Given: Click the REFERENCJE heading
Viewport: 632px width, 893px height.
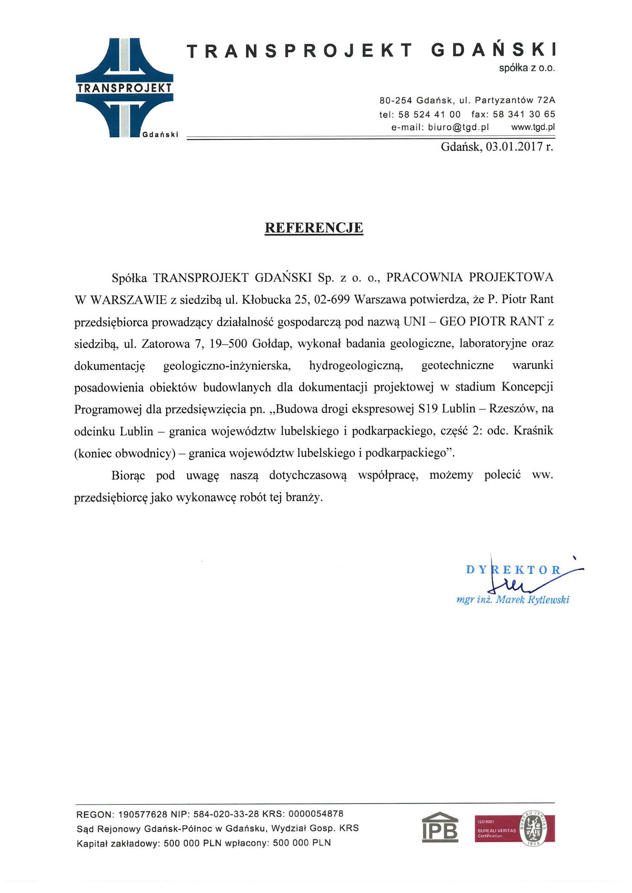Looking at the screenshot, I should (314, 228).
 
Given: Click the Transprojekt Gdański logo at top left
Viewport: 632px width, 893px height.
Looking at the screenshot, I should (125, 88).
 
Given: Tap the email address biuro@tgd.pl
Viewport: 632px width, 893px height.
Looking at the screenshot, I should (459, 127).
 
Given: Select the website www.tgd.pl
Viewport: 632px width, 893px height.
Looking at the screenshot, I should (533, 127).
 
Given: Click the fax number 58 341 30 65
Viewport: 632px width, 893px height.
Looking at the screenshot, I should (524, 115).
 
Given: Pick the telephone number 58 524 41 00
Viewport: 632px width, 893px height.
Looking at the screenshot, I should (429, 115).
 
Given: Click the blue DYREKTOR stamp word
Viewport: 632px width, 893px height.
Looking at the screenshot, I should (513, 570).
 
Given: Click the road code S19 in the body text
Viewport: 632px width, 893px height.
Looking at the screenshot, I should (428, 409).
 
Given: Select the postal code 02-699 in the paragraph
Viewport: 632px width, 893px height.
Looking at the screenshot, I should (331, 299).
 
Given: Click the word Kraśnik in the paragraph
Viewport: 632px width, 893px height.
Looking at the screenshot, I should (533, 431).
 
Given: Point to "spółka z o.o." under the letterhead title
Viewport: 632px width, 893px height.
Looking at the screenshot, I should (527, 68).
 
